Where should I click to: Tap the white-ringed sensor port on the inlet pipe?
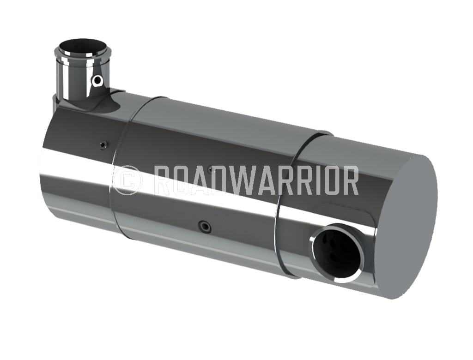(97, 81)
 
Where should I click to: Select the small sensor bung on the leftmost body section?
(102, 144)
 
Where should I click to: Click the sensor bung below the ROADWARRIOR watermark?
(203, 226)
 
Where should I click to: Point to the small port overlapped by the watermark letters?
(210, 169)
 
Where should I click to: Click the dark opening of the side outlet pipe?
(336, 252)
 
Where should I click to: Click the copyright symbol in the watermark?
(126, 180)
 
